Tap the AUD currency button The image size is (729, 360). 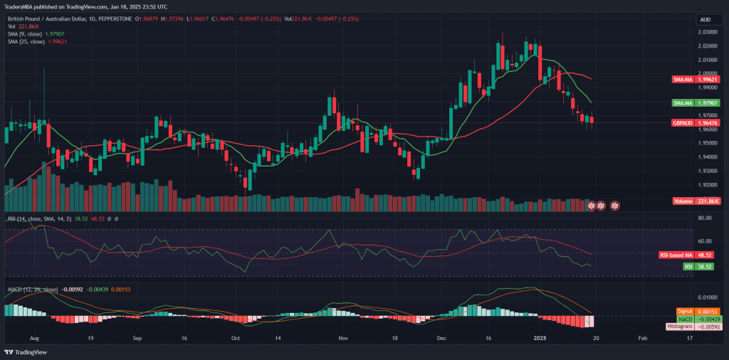[x=706, y=19]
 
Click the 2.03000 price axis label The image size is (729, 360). [x=708, y=32]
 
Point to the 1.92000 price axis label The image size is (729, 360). [x=708, y=185]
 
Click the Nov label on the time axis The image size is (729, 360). [x=343, y=339]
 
